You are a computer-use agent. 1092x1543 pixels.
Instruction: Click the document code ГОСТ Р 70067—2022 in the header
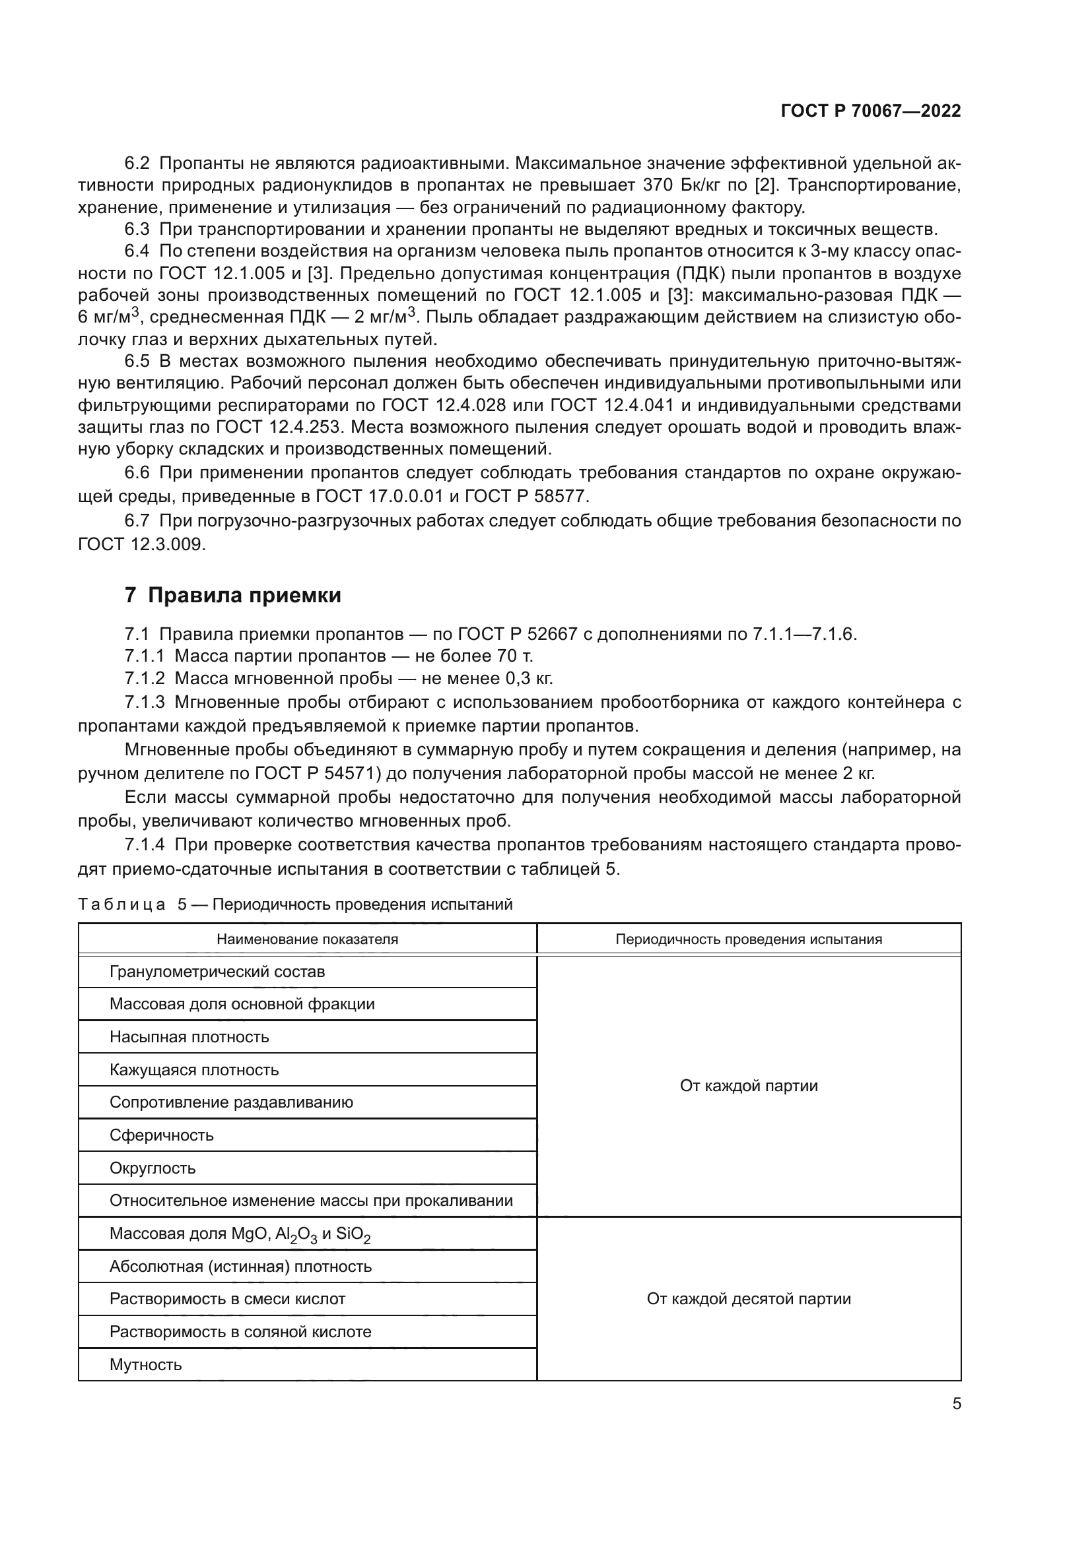click(871, 111)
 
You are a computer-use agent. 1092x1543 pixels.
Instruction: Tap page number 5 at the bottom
click(956, 1403)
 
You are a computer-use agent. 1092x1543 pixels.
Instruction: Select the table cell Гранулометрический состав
click(217, 972)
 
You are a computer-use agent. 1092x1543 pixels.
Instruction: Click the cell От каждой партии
click(749, 1086)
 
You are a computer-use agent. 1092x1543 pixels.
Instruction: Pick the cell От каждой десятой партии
click(749, 1299)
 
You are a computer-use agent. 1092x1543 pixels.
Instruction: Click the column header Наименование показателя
click(307, 939)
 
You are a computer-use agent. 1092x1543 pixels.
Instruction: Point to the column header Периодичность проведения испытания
click(749, 939)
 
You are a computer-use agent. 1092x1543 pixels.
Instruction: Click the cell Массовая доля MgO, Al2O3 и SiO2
click(240, 1234)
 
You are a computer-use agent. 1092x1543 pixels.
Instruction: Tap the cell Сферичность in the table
click(161, 1135)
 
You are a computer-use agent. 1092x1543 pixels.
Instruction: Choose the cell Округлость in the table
click(153, 1168)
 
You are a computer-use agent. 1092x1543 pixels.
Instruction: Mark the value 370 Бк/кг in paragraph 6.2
click(679, 185)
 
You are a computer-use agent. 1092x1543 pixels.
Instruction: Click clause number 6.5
click(137, 362)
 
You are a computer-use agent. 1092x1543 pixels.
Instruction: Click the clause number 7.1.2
click(145, 678)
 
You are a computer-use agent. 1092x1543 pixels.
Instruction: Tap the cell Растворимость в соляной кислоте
click(240, 1332)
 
